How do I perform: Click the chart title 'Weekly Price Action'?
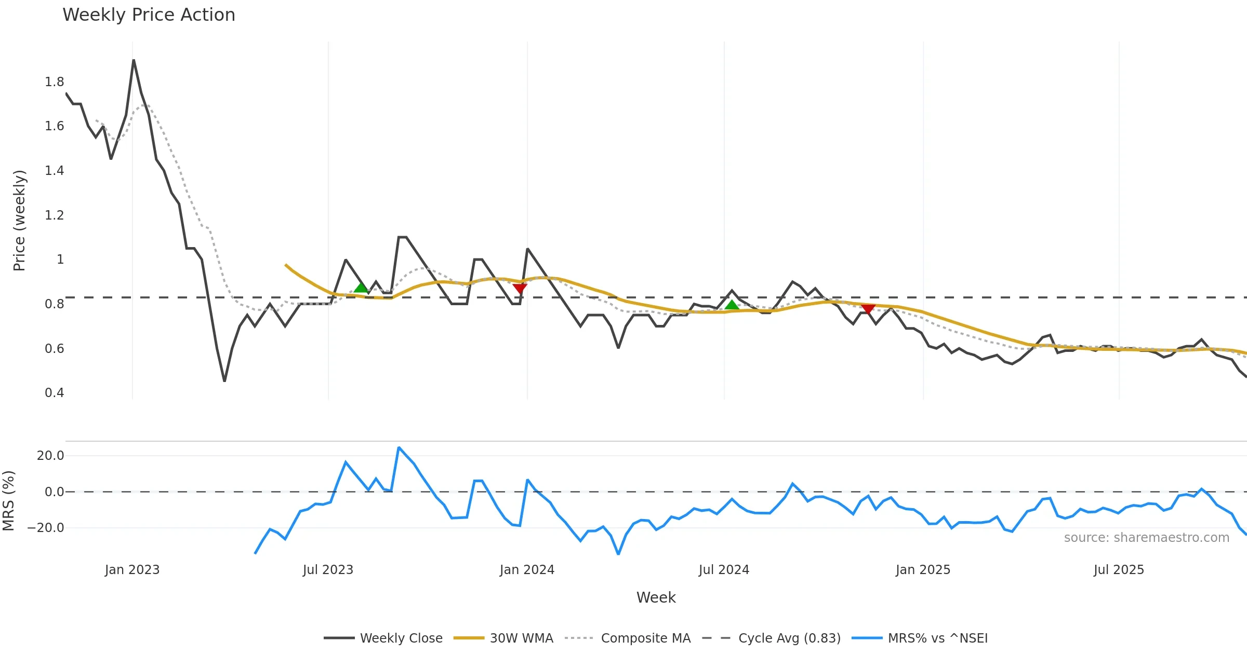coord(149,15)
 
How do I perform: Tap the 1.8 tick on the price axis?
coord(54,82)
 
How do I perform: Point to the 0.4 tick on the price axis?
coord(54,393)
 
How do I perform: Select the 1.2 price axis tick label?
coord(54,215)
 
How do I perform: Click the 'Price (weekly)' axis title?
coord(19,221)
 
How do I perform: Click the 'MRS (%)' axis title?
coord(9,501)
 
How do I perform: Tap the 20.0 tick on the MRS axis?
coord(50,456)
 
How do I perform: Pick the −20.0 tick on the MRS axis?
coord(46,528)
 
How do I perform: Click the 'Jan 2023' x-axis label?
coord(132,570)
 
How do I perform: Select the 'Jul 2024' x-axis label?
coord(724,570)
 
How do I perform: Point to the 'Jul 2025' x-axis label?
coord(1119,570)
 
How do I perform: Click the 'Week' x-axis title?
coord(656,598)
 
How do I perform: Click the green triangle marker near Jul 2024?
coord(732,305)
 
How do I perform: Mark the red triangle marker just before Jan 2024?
coord(520,289)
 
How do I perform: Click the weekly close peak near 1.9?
coord(134,60)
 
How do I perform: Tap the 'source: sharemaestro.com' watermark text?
coord(1146,538)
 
